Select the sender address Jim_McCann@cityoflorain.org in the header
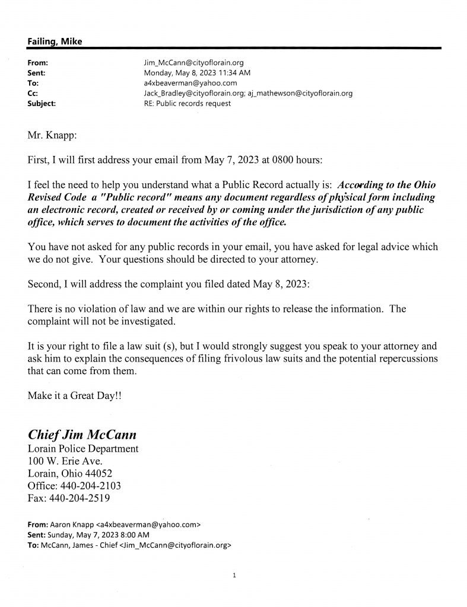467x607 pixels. (x=190, y=62)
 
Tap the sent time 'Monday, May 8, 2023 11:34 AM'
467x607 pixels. (x=186, y=72)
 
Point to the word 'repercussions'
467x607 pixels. (x=404, y=359)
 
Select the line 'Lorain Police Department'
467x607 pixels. (x=83, y=449)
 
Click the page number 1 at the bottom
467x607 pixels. (x=235, y=574)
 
